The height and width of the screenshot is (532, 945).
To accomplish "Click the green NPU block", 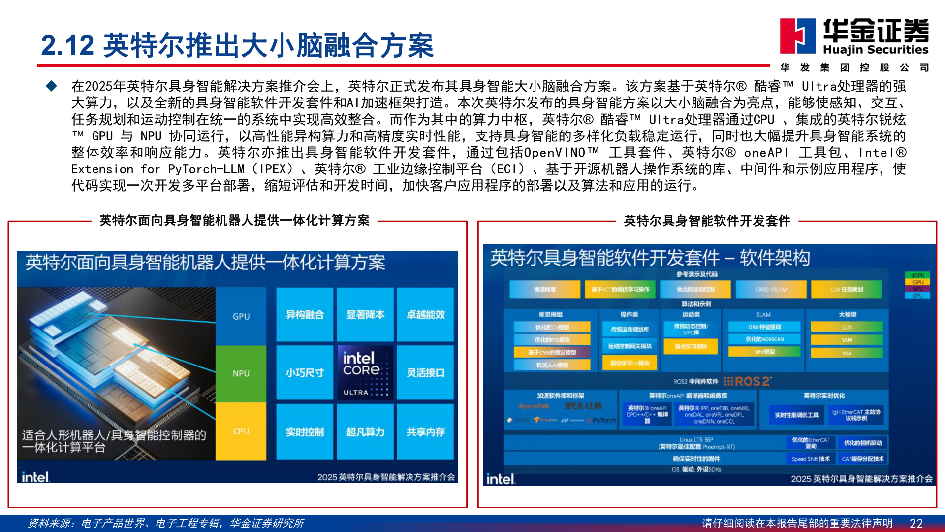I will tap(241, 373).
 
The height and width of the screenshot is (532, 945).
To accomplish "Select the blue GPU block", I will tap(241, 316).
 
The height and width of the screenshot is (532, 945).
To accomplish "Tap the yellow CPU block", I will tap(241, 431).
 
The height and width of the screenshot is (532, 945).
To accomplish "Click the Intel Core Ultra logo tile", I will tap(365, 372).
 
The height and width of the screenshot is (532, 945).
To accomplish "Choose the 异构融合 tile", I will tap(305, 315).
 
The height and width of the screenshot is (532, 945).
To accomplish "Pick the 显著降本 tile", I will tap(365, 315).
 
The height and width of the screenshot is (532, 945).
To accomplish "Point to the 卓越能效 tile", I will tap(425, 315).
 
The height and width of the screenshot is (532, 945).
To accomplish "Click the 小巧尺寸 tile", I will tap(305, 373).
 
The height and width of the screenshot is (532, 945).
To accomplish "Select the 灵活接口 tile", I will tap(425, 373).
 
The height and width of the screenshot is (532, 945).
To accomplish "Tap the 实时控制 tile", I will tap(305, 432).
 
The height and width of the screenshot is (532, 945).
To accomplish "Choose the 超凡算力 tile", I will tap(365, 432).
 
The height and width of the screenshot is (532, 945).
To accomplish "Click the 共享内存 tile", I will tap(425, 432).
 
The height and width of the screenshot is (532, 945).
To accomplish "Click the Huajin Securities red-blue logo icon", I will tap(797, 35).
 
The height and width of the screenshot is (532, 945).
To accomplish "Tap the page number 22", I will tap(916, 523).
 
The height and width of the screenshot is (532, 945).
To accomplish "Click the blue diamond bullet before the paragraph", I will tap(52, 86).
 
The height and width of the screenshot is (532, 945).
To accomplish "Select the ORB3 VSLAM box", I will tap(771, 289).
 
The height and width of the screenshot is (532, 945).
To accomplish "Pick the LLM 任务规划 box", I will tap(847, 289).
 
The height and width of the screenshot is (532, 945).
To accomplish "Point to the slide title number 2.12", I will tap(67, 45).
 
